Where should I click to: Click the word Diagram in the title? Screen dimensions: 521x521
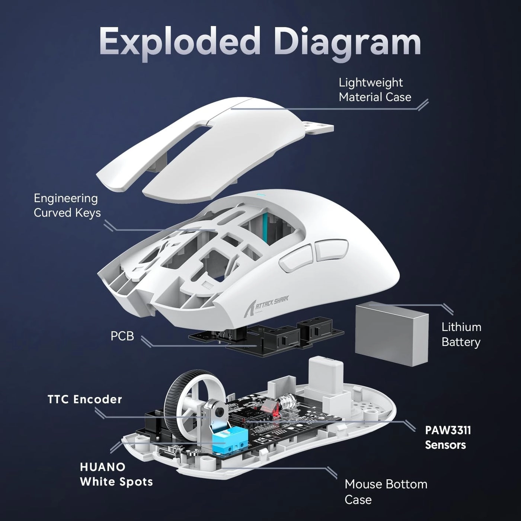348,42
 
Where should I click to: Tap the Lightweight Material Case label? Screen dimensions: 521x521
375,90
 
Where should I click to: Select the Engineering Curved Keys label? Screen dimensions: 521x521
67,205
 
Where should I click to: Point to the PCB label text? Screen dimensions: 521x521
122,336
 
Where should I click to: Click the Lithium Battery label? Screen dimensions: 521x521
461,334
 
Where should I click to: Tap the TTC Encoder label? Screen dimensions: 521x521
85,399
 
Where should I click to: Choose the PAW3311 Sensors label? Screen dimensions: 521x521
448,437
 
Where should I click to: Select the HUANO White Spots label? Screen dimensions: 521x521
116,474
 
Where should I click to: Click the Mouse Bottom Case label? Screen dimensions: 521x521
386,491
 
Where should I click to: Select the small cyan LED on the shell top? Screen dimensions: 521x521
260,194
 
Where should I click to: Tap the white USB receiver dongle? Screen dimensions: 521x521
323,373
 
